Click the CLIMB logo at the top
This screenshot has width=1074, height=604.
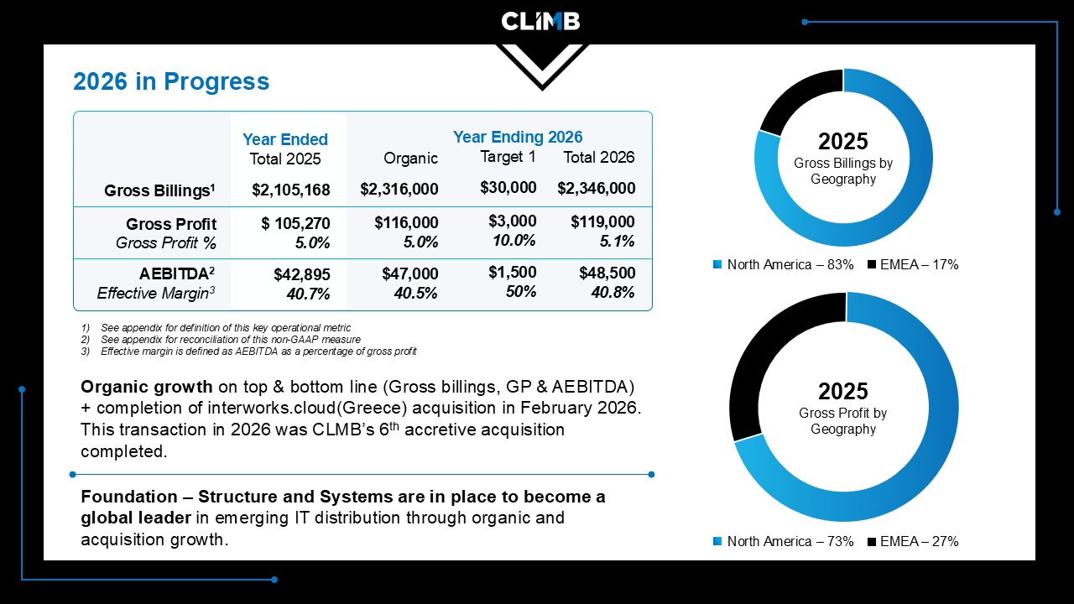coord(540,22)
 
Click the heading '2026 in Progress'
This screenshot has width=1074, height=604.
coord(171,81)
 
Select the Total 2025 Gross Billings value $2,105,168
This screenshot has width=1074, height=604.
coord(291,190)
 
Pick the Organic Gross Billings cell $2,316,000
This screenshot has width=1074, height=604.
coord(399,189)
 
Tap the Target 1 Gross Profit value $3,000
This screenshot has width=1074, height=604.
coord(512,221)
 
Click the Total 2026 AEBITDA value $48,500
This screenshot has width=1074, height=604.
coord(607,273)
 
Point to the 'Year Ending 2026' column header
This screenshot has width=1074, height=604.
coord(518,137)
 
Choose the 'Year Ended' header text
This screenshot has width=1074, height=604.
coord(285,139)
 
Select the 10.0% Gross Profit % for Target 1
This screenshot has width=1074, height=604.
coord(514,240)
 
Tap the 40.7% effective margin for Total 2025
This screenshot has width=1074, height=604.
coord(308,294)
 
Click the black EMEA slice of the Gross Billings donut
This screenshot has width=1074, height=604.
coord(797,100)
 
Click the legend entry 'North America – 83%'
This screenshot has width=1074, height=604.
coord(784,264)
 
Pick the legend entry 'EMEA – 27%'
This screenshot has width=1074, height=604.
coord(913,542)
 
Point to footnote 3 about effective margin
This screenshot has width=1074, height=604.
coord(249,351)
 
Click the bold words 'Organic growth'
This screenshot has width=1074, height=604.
coord(146,387)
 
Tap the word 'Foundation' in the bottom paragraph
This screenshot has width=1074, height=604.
coord(129,497)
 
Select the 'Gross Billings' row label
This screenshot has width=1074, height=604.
coord(159,190)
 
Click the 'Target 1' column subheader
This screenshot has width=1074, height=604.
coord(508,157)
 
